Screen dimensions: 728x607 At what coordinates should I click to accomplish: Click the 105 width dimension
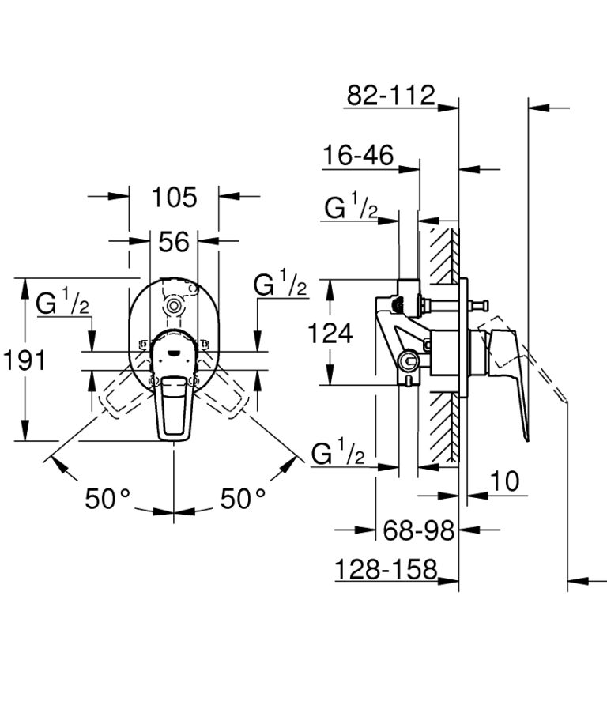[174, 197]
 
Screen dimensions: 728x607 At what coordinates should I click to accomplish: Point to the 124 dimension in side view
[330, 334]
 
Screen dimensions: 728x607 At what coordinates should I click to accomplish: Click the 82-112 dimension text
[391, 96]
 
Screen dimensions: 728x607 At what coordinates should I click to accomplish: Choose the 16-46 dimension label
[357, 156]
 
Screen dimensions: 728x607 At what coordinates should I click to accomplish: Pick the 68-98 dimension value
[418, 530]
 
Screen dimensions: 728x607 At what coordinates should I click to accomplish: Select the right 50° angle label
[243, 499]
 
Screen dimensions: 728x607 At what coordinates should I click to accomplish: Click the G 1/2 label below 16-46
[351, 209]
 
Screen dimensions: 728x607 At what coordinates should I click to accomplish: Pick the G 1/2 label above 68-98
[338, 454]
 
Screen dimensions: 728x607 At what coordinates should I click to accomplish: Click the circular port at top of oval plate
[174, 305]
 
